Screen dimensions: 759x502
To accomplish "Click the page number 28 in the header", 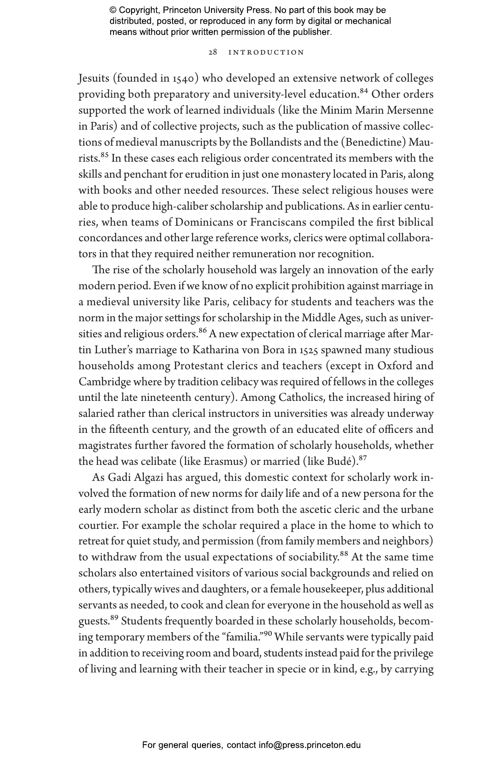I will pos(213,53).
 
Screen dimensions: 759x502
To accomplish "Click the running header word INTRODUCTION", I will pos(266,53).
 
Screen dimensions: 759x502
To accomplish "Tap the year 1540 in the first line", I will pos(183,78).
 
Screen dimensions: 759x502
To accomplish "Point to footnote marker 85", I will pos(104,155).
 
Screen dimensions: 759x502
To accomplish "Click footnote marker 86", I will pos(203,331).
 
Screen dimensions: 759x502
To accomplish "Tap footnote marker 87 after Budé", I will pos(362,458).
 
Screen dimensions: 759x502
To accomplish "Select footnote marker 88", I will pos(344,554).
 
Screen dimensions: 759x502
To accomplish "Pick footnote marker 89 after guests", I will pos(114,618).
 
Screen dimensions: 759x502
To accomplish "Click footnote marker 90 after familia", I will pos(268,634).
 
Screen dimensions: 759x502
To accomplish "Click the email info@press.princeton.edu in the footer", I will pos(309,745).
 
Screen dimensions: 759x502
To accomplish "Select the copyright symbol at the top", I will pos(113,10).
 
